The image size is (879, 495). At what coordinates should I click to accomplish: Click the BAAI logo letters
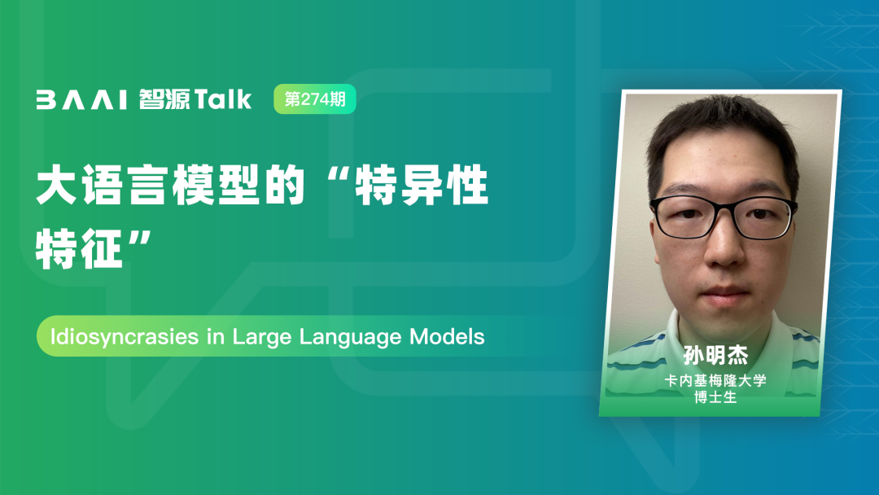(81, 99)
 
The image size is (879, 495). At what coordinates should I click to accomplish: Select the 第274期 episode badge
(314, 99)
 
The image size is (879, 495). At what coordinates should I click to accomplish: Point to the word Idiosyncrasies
(125, 337)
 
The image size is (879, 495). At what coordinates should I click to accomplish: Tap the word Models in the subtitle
(447, 336)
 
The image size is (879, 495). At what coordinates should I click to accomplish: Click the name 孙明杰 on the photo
(715, 356)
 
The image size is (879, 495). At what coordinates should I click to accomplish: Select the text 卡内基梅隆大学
(715, 381)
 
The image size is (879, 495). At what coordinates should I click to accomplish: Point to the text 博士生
(715, 397)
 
